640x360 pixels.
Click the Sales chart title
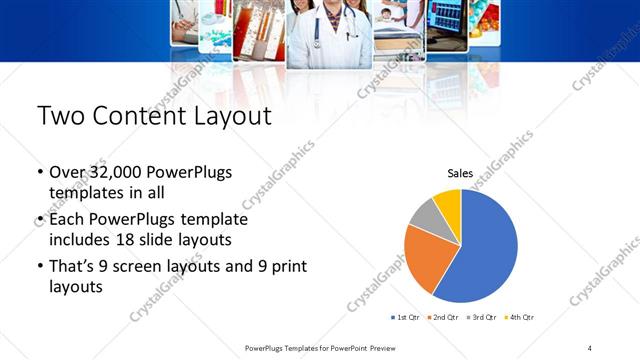pyautogui.click(x=460, y=173)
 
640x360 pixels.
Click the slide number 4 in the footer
pyautogui.click(x=589, y=347)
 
